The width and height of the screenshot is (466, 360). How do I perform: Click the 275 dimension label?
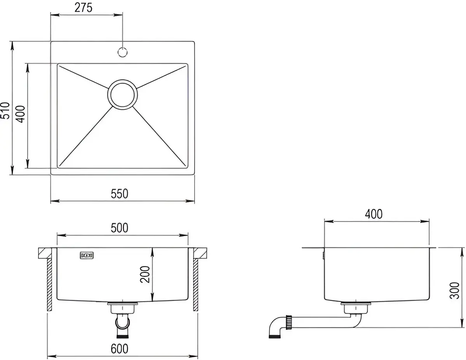pos(83,8)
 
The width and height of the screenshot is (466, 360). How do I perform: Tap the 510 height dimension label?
pos(5,111)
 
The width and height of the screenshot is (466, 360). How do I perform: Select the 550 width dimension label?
pos(120,194)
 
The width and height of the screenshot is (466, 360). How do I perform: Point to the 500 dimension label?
pos(120,228)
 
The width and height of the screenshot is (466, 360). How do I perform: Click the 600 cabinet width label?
pos(120,349)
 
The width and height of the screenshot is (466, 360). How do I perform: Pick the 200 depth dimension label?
pos(145,275)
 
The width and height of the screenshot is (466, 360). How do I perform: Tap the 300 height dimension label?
pos(454,290)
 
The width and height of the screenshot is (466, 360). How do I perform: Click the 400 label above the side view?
pos(374,214)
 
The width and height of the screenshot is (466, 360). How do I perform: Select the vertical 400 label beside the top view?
pos(21,114)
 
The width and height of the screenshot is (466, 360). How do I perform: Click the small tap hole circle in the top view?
pos(122,52)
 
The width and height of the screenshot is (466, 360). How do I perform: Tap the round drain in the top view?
pos(122,94)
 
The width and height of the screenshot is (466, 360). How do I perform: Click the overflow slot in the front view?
pos(87,256)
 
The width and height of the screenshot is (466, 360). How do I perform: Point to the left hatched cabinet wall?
pos(49,285)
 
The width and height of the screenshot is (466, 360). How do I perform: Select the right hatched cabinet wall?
pos(196,285)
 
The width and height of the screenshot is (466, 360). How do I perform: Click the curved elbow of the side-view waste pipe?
pos(276,324)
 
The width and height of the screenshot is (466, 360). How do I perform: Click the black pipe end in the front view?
pos(122,337)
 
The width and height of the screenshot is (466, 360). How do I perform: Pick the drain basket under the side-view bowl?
pos(356,308)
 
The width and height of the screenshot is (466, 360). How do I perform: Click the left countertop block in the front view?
pos(45,253)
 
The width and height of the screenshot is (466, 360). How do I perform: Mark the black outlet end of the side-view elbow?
pos(275,337)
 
